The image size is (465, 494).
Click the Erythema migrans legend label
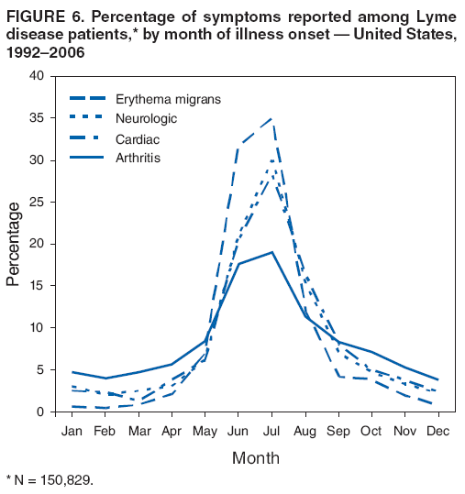coord(168,98)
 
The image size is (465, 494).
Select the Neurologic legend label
coord(146,119)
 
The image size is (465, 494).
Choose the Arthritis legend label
coord(139,159)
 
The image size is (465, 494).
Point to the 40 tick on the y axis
coord(37,76)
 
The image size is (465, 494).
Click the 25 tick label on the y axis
coord(37,202)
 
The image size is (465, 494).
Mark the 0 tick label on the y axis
coord(41,412)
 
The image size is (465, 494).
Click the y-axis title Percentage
coord(13,244)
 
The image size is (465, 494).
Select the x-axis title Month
coord(255,457)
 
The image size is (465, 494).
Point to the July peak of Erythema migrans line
coord(271,118)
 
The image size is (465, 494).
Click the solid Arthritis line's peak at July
coord(271,252)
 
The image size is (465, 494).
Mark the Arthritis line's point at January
coord(72,372)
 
